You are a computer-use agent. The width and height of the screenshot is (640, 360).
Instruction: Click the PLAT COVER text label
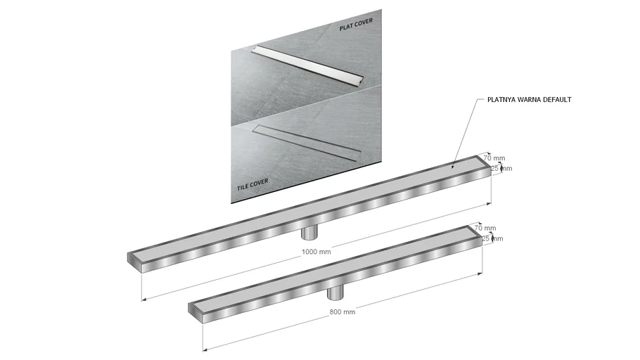tap(356, 25)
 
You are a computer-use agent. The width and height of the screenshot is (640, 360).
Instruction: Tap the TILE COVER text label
tap(252, 184)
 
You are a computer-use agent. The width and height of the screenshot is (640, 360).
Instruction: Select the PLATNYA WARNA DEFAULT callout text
tap(530, 100)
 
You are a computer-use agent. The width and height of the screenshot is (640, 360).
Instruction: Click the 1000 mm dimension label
tap(316, 252)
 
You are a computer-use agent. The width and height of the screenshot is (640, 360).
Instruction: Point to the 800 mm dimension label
tap(343, 312)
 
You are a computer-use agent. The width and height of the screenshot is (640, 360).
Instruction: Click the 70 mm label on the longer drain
tap(494, 158)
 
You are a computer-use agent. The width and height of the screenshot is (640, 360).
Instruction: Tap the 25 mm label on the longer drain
tap(501, 168)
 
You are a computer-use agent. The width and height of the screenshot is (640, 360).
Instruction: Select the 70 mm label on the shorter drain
tap(485, 228)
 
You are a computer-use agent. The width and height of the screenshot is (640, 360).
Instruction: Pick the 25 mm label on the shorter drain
tap(492, 238)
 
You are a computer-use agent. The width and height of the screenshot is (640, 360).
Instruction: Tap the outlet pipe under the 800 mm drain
tap(335, 292)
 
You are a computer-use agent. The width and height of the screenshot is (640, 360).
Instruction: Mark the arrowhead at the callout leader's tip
tap(453, 166)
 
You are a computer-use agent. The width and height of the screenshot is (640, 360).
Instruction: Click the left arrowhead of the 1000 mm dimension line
tap(143, 300)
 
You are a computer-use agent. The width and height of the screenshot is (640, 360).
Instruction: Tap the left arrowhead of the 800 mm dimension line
tap(205, 349)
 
